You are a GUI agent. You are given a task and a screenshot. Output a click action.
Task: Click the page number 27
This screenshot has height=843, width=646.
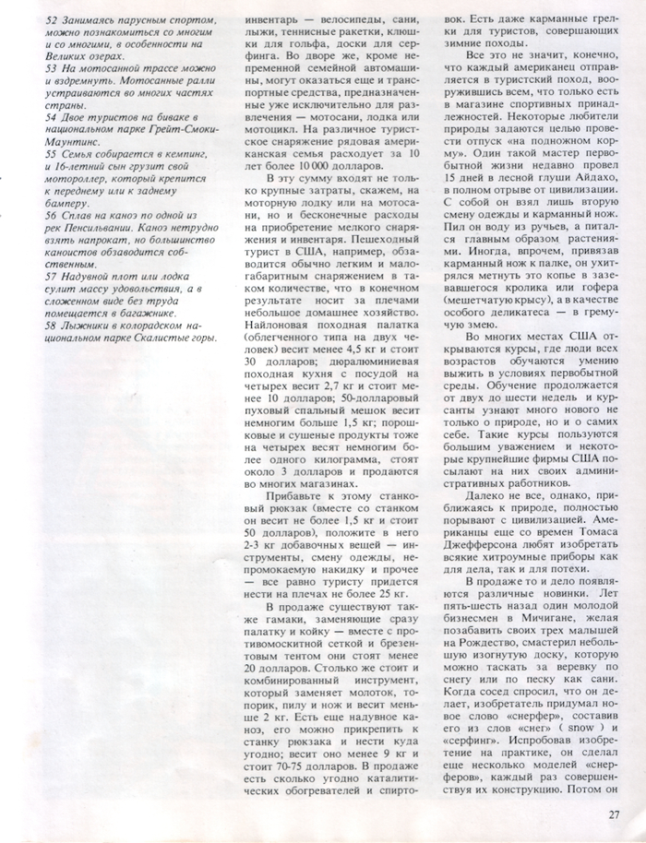click(x=616, y=813)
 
